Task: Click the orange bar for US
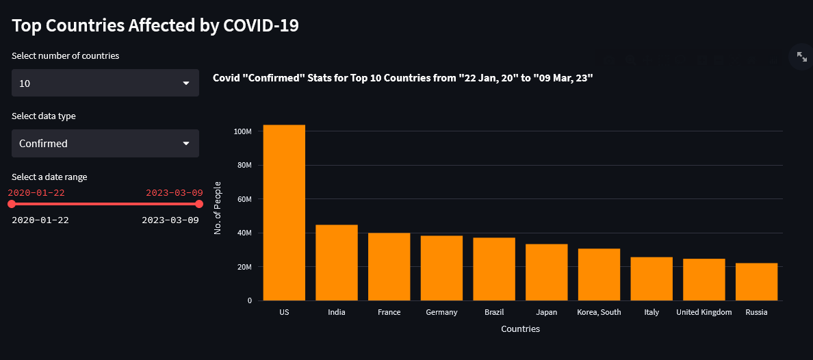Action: coord(284,212)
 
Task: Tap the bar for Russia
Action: coord(756,281)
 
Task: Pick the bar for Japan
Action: coord(547,272)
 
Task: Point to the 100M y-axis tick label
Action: coord(242,131)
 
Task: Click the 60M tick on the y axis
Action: coord(244,199)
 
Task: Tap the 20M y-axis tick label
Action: coord(244,267)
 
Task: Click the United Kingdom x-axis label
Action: coord(704,312)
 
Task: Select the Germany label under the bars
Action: coord(441,312)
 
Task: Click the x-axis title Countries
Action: coord(520,329)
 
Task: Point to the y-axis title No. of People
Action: coord(218,208)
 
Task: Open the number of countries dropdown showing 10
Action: coord(105,83)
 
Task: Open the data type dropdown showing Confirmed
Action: coord(105,144)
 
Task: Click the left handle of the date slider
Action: coord(12,204)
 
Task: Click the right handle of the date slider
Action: coord(199,204)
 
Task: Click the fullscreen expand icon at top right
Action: coord(801,57)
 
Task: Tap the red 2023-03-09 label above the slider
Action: coord(174,193)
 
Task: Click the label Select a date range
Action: coord(49,177)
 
